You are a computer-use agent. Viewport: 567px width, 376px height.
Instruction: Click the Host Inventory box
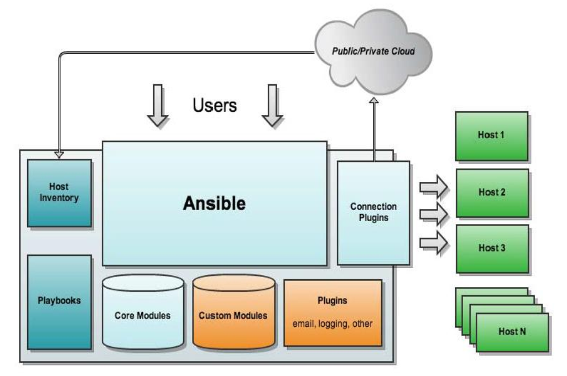[59, 193]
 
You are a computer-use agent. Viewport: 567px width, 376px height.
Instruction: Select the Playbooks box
[59, 301]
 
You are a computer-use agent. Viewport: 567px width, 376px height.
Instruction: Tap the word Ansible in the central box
[215, 203]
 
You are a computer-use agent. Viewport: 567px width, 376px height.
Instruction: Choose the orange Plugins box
[332, 312]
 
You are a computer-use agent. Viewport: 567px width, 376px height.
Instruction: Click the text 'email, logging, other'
[332, 323]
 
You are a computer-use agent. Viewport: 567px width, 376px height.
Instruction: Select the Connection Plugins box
[373, 212]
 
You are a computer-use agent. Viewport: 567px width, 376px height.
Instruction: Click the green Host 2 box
[491, 192]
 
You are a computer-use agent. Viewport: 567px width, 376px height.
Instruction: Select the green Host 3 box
[491, 248]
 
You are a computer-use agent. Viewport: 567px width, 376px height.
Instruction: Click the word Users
[215, 105]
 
